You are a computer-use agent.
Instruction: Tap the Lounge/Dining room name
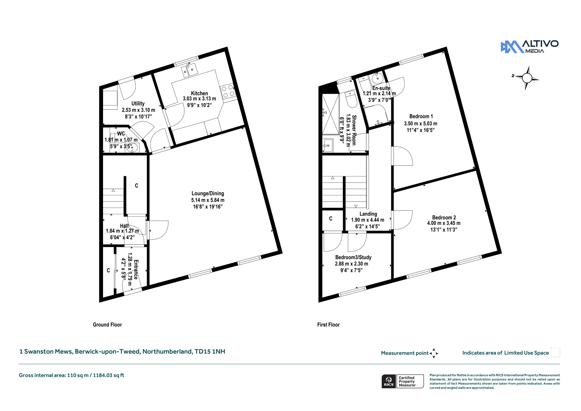click(x=208, y=193)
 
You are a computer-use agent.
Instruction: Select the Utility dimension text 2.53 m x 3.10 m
click(x=138, y=110)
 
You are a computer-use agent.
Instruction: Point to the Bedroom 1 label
click(x=421, y=116)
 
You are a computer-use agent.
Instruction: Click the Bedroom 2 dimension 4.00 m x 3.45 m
click(x=444, y=223)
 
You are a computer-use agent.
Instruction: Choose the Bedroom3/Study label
click(x=353, y=257)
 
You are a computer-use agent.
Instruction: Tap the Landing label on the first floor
click(x=368, y=214)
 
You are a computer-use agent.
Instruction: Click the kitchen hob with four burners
click(x=228, y=92)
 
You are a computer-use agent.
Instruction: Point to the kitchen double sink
click(x=190, y=70)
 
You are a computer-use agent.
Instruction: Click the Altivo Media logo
click(x=530, y=47)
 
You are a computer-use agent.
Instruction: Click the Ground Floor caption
click(x=107, y=325)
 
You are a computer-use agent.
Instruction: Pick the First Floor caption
click(x=328, y=325)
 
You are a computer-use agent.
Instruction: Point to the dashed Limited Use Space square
click(x=555, y=352)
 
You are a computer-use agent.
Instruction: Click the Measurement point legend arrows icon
click(x=434, y=353)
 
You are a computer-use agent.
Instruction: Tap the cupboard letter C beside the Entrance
click(x=108, y=270)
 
